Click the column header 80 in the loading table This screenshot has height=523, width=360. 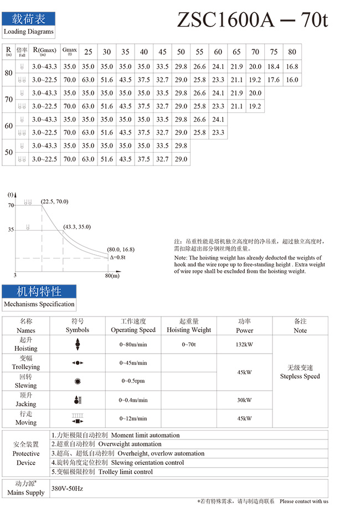coord(292,52)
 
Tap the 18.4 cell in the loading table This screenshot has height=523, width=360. coord(274,66)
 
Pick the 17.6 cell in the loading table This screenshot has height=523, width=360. coord(274,80)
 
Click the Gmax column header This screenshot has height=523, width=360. coord(70,51)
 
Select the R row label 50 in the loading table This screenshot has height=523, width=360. coord(8,152)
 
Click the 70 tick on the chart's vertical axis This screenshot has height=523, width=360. coord(10,205)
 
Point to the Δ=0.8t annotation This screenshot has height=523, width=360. coord(117,257)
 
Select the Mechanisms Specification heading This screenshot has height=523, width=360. coord(39,304)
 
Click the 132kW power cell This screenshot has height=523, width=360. coord(244,344)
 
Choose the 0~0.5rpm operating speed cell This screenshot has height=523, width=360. coord(133,381)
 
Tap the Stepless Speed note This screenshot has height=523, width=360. coord(300,376)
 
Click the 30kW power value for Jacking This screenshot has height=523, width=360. coord(244,400)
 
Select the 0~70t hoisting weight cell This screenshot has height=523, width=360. coord(188,344)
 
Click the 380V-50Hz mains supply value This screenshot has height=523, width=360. coord(67,489)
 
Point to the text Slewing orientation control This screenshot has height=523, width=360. coord(147,463)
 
